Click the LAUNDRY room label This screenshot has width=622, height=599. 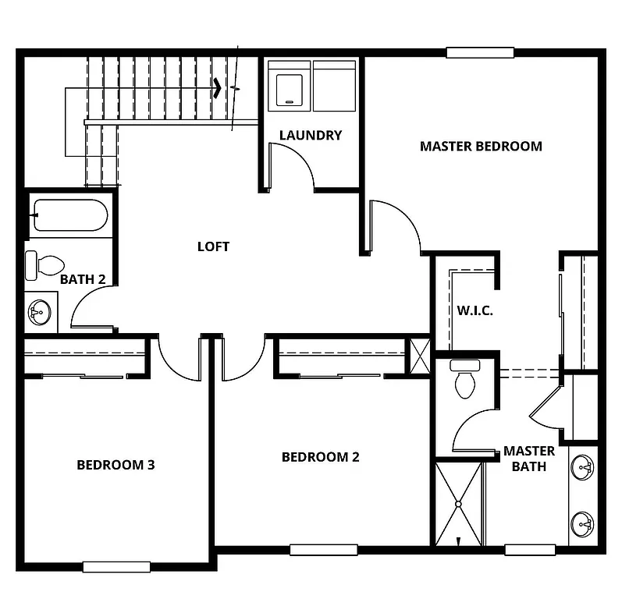(311, 135)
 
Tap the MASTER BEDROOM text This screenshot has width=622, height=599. (481, 146)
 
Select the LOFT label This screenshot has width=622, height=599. (213, 246)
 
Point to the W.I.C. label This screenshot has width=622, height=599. (474, 310)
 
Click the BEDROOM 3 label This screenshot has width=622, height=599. (116, 465)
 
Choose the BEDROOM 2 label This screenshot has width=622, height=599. (320, 457)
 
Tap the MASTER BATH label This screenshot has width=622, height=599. (529, 459)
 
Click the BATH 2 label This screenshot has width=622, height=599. (83, 279)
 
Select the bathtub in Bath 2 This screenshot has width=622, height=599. (69, 215)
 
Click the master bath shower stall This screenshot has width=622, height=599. (458, 504)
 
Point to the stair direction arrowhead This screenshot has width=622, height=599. (219, 88)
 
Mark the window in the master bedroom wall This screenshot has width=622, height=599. (480, 53)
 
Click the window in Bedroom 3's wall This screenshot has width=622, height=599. (116, 567)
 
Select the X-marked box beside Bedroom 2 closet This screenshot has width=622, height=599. (419, 356)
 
